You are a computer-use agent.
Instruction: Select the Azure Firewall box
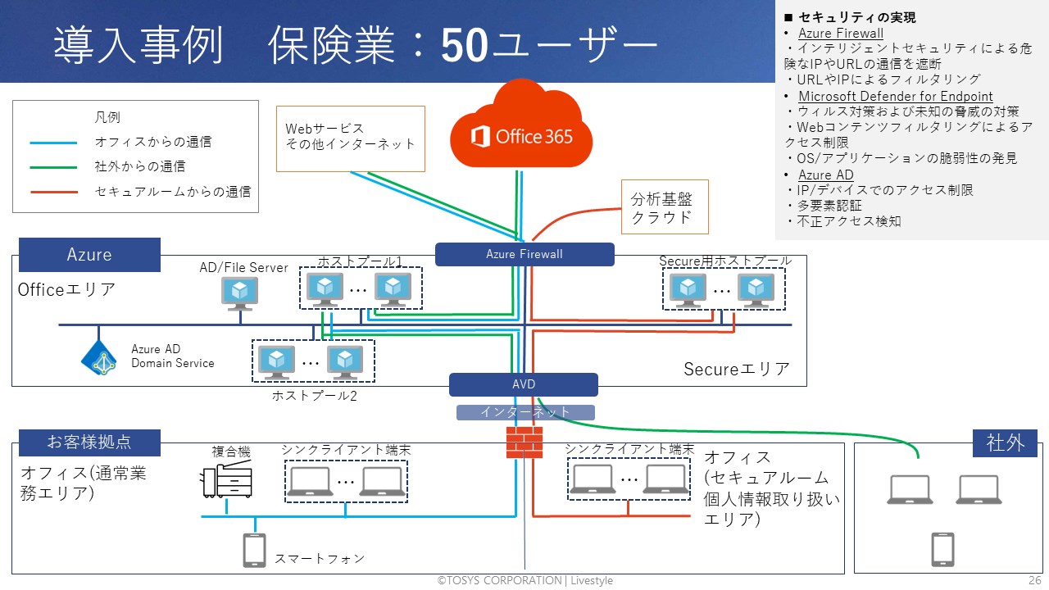(x=524, y=254)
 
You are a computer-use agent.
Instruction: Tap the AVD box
(x=524, y=384)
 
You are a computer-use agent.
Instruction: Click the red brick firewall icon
(x=524, y=442)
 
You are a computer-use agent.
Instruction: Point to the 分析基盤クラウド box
(x=664, y=207)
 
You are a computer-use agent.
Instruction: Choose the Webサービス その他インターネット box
(x=351, y=138)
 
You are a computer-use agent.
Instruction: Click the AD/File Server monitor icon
(x=239, y=293)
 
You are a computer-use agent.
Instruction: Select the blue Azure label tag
(x=89, y=254)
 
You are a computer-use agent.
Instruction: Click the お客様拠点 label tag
(x=89, y=442)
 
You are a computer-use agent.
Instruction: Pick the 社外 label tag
(x=1005, y=443)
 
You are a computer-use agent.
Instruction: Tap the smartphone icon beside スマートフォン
(x=254, y=551)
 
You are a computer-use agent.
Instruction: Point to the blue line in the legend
(x=53, y=143)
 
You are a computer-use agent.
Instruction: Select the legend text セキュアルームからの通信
(x=173, y=192)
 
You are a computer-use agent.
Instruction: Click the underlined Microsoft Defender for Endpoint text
(x=896, y=97)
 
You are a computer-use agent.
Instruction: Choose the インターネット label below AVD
(x=524, y=412)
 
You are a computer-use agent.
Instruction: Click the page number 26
(x=1034, y=580)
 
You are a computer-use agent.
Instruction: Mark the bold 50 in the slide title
(x=465, y=47)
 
